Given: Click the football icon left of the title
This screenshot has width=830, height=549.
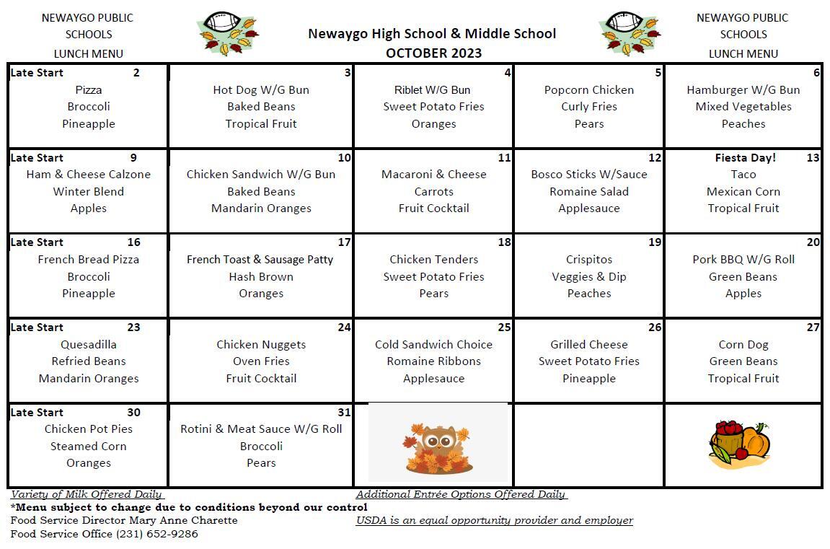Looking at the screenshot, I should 228,33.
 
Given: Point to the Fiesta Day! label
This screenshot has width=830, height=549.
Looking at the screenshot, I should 745,157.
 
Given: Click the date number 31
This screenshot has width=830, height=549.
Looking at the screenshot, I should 344,412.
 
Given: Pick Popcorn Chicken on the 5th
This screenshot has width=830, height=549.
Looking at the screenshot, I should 588,89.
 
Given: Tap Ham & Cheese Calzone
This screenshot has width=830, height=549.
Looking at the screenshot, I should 89,174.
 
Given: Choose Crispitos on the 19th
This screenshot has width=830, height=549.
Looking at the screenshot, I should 588,259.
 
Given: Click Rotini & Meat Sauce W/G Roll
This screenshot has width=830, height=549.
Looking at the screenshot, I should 261,429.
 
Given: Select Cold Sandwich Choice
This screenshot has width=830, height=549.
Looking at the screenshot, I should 433,344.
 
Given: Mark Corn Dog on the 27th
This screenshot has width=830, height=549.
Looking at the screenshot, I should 743,344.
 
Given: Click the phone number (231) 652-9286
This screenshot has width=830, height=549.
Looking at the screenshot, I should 156,534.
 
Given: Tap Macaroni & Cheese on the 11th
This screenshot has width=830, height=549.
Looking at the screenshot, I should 433,174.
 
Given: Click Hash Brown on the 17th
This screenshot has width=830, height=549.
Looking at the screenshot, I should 261,276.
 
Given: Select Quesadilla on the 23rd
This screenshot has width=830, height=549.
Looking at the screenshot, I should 89,344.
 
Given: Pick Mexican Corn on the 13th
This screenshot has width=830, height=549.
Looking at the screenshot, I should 743,191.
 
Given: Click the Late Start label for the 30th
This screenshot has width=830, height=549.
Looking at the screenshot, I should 37,412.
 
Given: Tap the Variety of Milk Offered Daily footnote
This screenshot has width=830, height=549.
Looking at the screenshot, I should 87,494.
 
